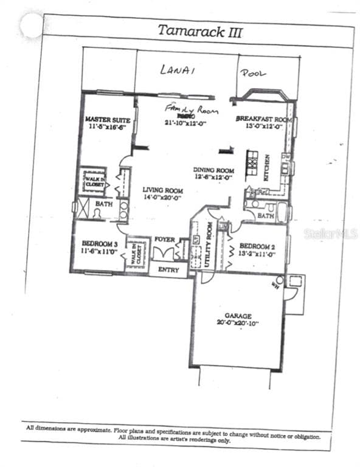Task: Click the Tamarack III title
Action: click(199, 31)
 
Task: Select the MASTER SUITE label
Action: click(105, 120)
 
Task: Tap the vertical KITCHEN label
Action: click(267, 167)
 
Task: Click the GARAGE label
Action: click(238, 316)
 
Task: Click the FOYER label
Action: click(164, 239)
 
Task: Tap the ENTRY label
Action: click(168, 269)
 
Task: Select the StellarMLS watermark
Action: click(330, 233)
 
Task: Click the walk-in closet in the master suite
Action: click(95, 181)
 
